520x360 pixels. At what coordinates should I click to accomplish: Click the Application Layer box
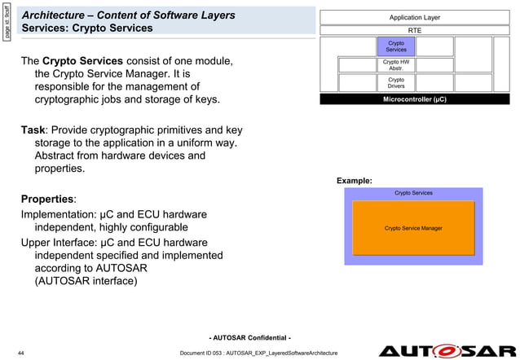pyautogui.click(x=415, y=15)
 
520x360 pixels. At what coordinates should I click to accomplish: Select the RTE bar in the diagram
pyautogui.click(x=415, y=30)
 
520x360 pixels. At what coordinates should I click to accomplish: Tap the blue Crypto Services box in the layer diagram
pyautogui.click(x=396, y=46)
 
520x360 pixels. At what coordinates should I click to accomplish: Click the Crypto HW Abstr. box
pyautogui.click(x=396, y=65)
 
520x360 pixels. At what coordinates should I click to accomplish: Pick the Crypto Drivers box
pyautogui.click(x=396, y=83)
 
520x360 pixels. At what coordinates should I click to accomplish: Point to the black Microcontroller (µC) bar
pyautogui.click(x=415, y=99)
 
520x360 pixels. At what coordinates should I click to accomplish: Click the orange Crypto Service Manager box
pyautogui.click(x=413, y=228)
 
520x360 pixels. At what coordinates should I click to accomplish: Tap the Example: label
pyautogui.click(x=355, y=181)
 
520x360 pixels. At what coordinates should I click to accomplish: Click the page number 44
pyautogui.click(x=21, y=352)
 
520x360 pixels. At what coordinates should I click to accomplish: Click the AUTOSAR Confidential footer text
pyautogui.click(x=250, y=337)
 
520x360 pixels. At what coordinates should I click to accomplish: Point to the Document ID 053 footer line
pyautogui.click(x=259, y=352)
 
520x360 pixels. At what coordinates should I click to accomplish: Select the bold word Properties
pyautogui.click(x=48, y=199)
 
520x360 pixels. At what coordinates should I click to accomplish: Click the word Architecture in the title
pyautogui.click(x=57, y=15)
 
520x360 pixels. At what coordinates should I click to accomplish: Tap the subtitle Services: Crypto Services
pyautogui.click(x=87, y=29)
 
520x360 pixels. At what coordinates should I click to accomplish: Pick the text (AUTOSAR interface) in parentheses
pyautogui.click(x=86, y=282)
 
